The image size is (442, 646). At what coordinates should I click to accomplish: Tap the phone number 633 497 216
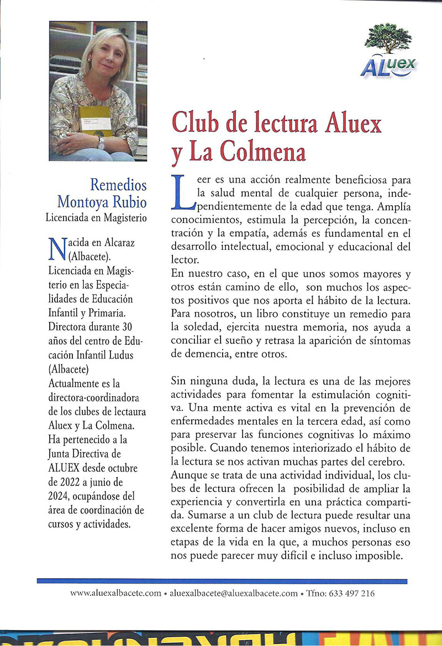click(x=351, y=594)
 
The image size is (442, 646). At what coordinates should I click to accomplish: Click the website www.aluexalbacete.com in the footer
click(x=115, y=594)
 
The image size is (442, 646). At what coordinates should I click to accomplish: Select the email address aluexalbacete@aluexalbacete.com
click(x=234, y=594)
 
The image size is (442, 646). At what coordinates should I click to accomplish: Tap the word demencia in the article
click(x=193, y=354)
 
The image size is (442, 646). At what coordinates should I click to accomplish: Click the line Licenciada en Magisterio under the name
click(x=96, y=217)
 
